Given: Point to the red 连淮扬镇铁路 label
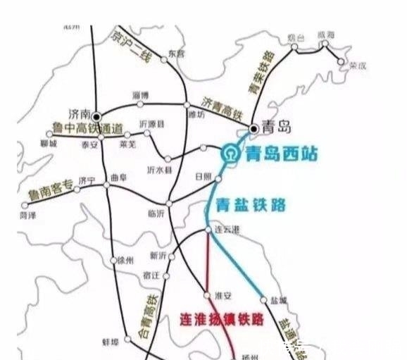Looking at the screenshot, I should (222, 319).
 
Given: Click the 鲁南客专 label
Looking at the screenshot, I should (49, 187).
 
